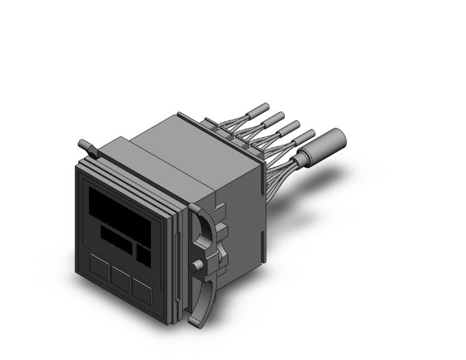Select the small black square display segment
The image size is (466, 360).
tap(143, 254)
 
